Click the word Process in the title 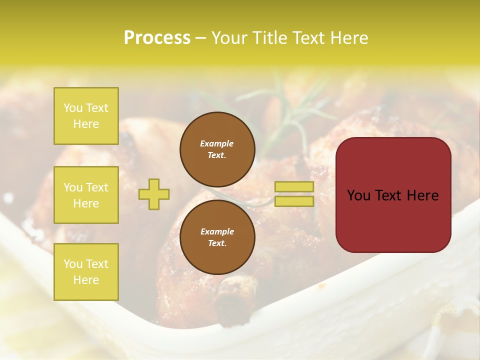[x=157, y=38]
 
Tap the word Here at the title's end [x=348, y=38]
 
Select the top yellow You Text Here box [x=86, y=116]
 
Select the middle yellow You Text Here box [x=86, y=195]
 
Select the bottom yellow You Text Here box [x=86, y=272]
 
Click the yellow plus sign [x=154, y=194]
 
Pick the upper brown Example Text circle [x=217, y=149]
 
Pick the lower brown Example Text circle [x=217, y=237]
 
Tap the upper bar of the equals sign [x=294, y=187]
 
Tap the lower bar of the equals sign [x=294, y=201]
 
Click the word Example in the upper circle [x=217, y=143]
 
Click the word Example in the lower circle [x=217, y=231]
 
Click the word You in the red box [x=359, y=195]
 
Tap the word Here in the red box [x=423, y=195]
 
